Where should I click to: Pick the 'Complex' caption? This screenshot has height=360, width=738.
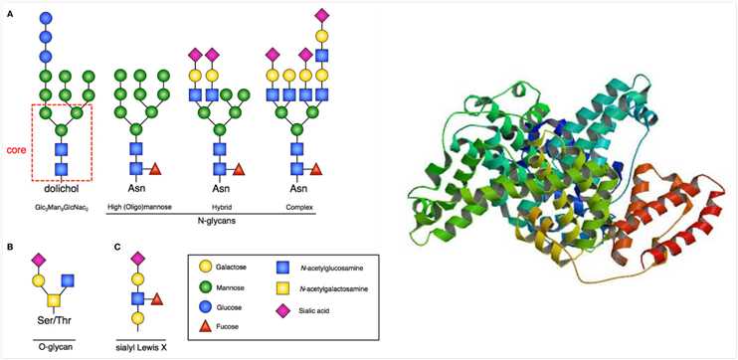pyautogui.click(x=294, y=207)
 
